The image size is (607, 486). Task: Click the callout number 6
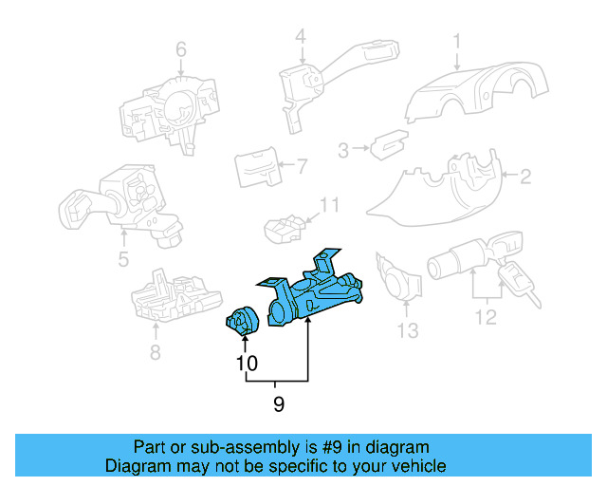[181, 49]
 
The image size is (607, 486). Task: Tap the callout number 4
[300, 37]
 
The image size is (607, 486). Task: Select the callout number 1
[456, 41]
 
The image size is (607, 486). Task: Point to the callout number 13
[407, 331]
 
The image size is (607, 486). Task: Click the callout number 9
[278, 404]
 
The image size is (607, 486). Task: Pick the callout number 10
[246, 364]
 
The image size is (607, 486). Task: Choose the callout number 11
[329, 204]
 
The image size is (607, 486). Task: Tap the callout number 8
[156, 354]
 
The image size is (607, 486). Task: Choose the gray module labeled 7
[255, 167]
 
